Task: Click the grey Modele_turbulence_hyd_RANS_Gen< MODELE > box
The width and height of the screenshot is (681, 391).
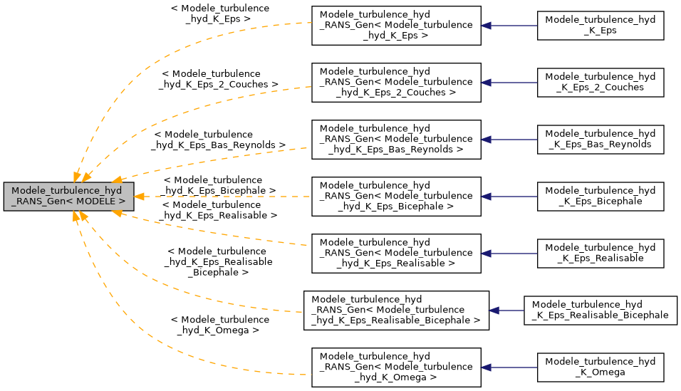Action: pos(68,196)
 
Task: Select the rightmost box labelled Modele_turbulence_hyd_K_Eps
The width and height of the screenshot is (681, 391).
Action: pos(601,26)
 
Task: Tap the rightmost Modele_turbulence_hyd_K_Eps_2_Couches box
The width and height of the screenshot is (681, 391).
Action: pos(601,83)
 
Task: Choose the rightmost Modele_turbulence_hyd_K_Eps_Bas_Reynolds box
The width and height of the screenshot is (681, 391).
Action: pos(601,140)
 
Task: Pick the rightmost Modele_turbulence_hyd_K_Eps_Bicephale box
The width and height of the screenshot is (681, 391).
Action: pos(601,197)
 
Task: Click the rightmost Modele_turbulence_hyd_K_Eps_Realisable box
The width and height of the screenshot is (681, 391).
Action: pos(601,254)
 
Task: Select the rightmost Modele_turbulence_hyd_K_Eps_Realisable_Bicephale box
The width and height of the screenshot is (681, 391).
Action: pos(601,311)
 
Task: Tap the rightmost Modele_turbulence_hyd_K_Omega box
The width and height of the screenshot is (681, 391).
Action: pos(601,367)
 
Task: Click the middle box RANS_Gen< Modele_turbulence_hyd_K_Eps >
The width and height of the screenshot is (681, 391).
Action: pos(396,26)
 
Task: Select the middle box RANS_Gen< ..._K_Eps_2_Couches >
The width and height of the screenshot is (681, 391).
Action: pos(396,83)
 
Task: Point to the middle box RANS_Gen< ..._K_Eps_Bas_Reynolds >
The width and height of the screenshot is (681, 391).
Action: pos(396,140)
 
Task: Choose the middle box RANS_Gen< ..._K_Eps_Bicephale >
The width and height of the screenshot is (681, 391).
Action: pos(396,197)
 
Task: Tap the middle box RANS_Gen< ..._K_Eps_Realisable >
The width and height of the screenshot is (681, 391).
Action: pos(396,254)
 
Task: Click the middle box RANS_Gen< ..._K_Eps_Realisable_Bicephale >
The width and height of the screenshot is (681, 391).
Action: pos(396,311)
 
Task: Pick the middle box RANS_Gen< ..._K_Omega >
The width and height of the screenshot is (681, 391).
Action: pos(396,367)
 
